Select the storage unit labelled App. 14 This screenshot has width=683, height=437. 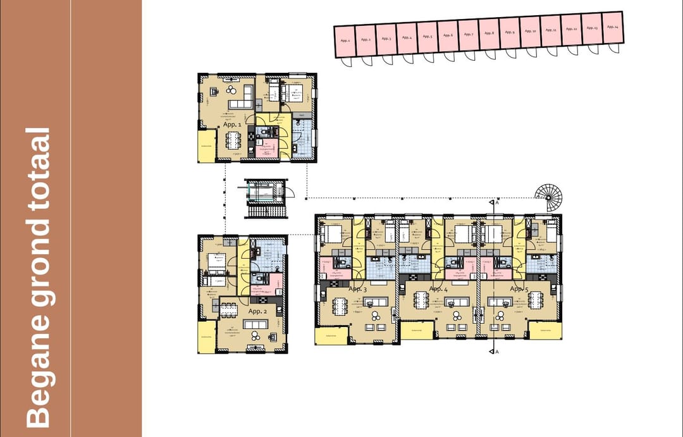click(x=612, y=27)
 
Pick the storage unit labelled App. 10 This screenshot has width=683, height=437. click(x=530, y=32)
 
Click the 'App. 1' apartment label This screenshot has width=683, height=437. click(x=231, y=125)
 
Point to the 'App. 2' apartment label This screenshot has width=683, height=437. click(x=257, y=311)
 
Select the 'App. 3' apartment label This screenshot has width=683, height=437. click(x=357, y=289)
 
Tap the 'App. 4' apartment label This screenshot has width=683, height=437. click(x=438, y=289)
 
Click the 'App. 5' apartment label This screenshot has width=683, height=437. click(x=519, y=289)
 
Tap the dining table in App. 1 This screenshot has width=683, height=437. click(x=234, y=139)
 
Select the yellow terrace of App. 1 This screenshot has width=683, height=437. click(x=206, y=147)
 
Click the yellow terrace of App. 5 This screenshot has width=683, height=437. click(x=545, y=331)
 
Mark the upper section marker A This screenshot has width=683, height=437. click(x=495, y=202)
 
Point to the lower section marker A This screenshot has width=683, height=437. click(x=495, y=352)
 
